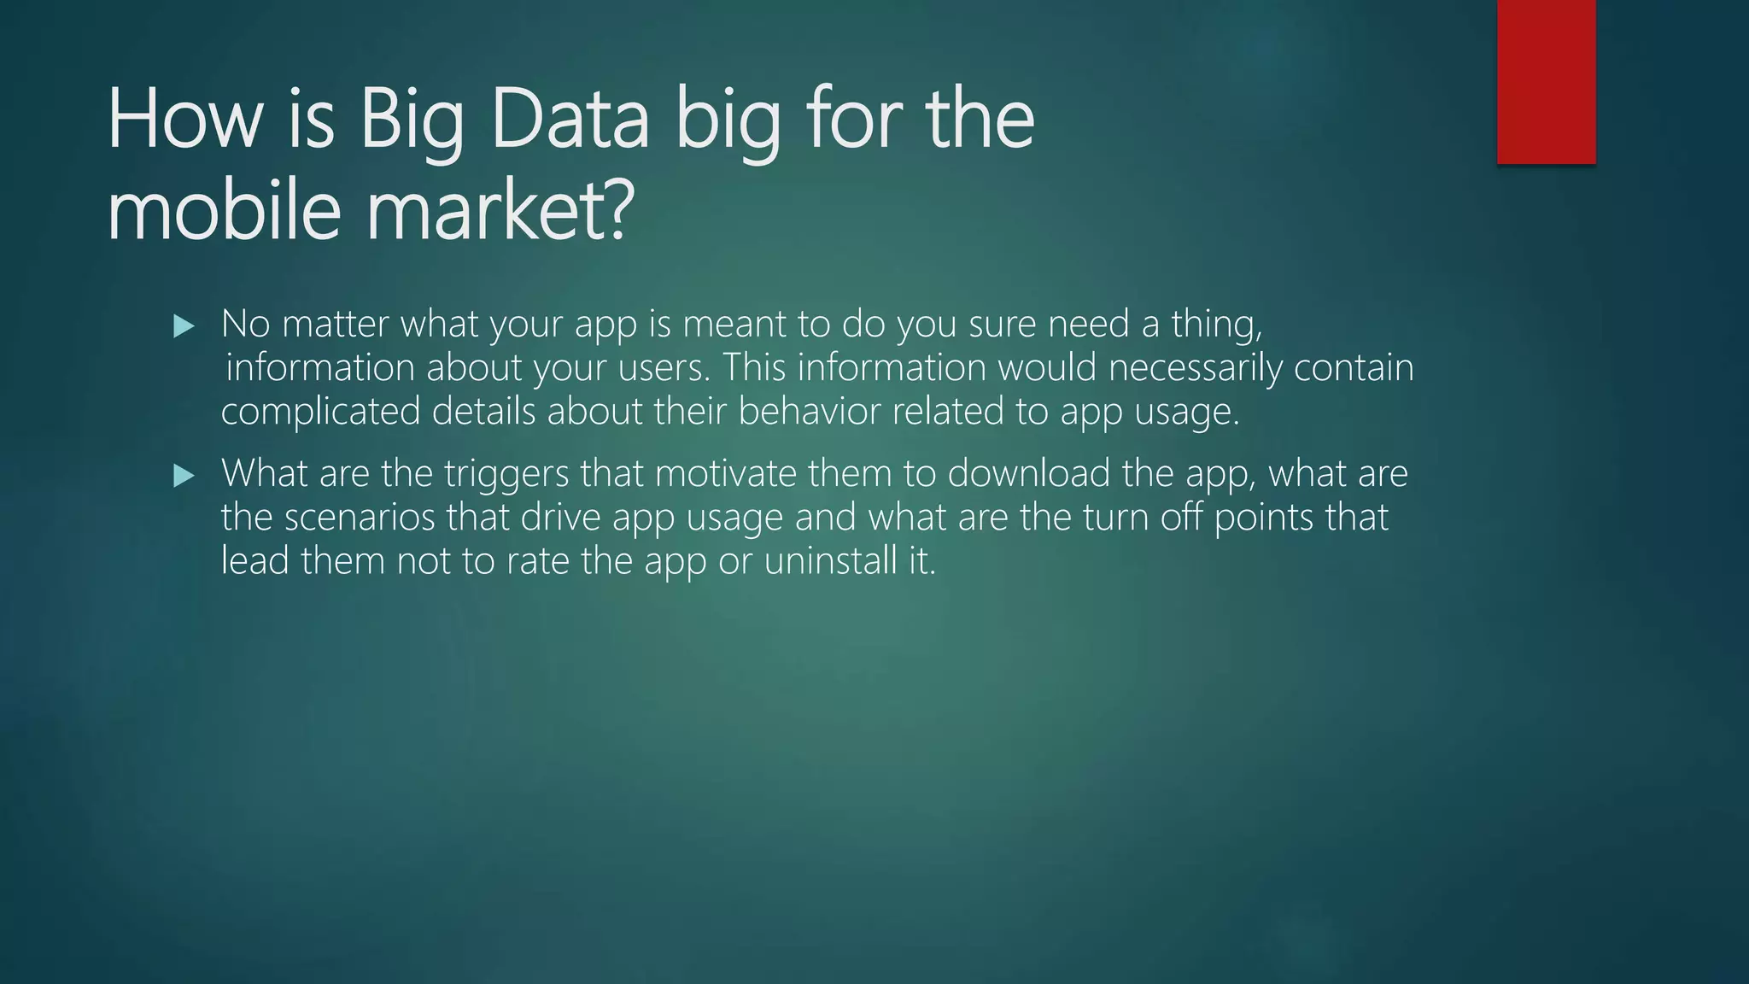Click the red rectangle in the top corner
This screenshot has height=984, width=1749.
point(1546,82)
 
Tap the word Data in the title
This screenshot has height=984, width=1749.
point(570,120)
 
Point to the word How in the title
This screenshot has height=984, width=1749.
point(184,120)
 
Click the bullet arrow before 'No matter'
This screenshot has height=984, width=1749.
point(184,325)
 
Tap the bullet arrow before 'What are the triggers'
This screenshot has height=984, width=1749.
point(184,475)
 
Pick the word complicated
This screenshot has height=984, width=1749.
point(320,412)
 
